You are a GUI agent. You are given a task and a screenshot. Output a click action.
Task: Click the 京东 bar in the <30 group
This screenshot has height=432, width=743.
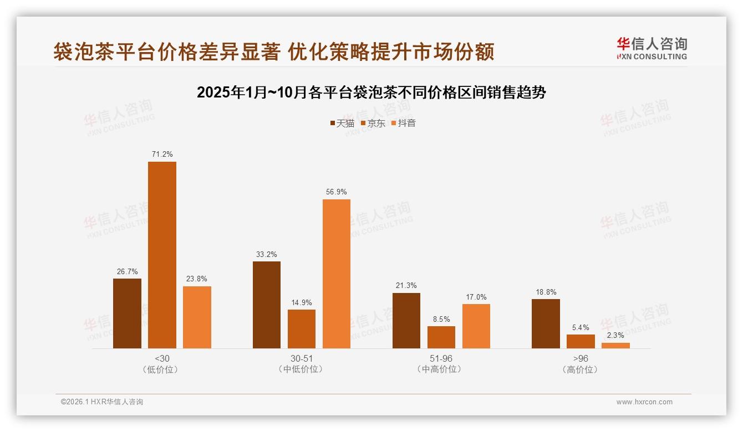(162, 255)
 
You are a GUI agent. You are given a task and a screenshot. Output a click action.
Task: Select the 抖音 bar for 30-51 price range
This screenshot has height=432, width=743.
(337, 274)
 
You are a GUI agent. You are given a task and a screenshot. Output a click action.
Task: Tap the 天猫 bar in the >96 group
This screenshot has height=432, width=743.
(546, 323)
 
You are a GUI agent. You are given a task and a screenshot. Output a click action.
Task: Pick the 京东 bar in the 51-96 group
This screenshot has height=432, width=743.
(441, 337)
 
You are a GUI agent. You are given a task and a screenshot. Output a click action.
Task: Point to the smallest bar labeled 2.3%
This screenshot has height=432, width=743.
(615, 345)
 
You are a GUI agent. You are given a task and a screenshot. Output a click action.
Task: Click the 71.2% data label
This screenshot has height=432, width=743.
(162, 154)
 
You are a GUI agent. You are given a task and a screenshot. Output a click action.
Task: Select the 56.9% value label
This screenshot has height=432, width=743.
(337, 192)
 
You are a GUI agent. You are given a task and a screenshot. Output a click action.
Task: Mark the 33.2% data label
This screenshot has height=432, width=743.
(267, 254)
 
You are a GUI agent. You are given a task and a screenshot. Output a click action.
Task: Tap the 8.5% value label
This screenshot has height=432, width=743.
(441, 319)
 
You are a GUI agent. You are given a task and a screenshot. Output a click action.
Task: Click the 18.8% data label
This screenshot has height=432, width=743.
(546, 292)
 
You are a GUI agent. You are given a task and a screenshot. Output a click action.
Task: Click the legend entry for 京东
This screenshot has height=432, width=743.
(373, 123)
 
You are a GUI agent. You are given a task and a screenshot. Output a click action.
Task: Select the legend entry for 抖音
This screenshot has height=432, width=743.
(403, 123)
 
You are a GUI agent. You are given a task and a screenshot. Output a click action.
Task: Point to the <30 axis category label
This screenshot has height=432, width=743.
(162, 358)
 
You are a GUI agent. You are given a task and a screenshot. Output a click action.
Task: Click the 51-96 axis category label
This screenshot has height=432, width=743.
(441, 358)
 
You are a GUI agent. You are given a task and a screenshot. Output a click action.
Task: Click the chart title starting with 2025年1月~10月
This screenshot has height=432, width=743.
(371, 92)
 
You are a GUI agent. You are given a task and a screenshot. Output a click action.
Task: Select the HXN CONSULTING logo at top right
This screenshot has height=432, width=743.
(652, 49)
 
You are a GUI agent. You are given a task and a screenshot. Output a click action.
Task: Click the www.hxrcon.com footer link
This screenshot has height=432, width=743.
(644, 402)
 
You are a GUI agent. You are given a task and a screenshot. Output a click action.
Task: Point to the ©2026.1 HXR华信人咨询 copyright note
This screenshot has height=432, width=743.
(102, 402)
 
